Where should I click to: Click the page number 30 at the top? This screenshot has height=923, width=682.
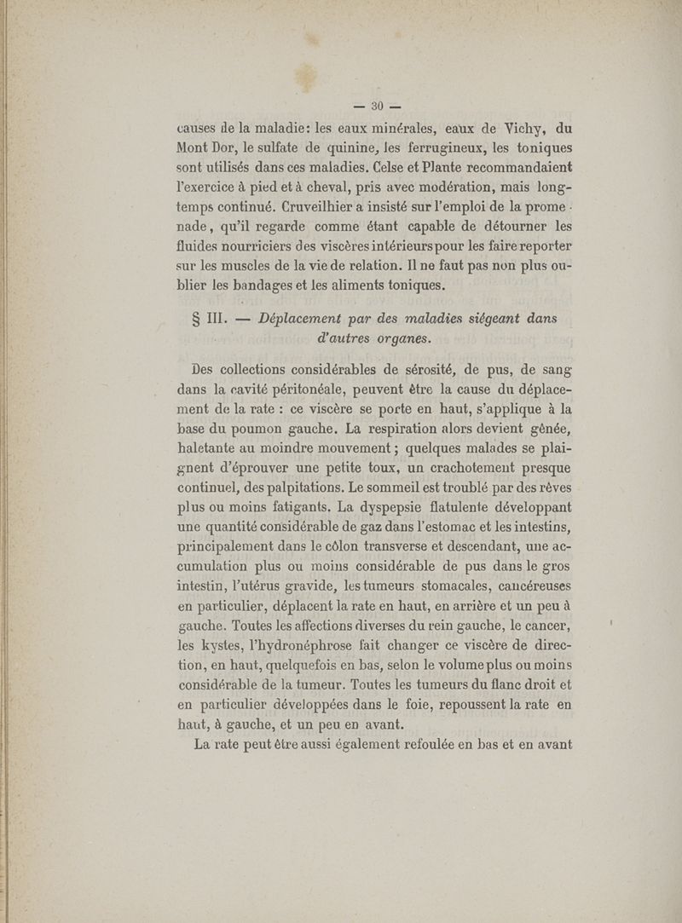coord(372,107)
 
